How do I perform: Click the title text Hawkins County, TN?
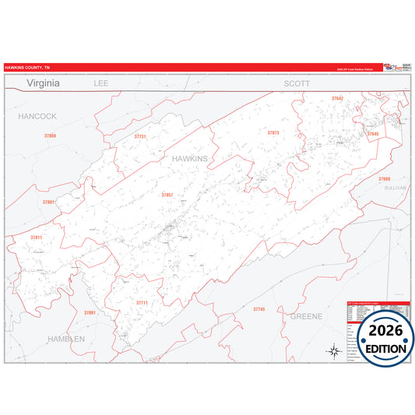pos(26,68)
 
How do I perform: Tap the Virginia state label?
pos(48,82)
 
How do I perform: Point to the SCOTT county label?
pos(297,83)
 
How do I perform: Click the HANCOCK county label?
pos(37,116)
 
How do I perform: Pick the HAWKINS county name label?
pos(189,158)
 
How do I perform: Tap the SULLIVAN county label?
pos(396,188)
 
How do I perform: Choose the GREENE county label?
pos(306,317)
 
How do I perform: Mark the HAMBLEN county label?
pos(70,339)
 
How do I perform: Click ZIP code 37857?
pos(167,195)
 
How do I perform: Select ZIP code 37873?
pos(273,133)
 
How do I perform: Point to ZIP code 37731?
pos(140,137)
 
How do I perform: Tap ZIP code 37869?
pos(50,136)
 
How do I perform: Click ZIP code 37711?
pos(142,302)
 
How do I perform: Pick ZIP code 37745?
pos(259,309)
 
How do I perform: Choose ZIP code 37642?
pos(337,99)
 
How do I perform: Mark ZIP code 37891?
pos(90,312)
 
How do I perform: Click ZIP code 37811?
pos(36,237)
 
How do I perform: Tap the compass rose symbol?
pos(333,350)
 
